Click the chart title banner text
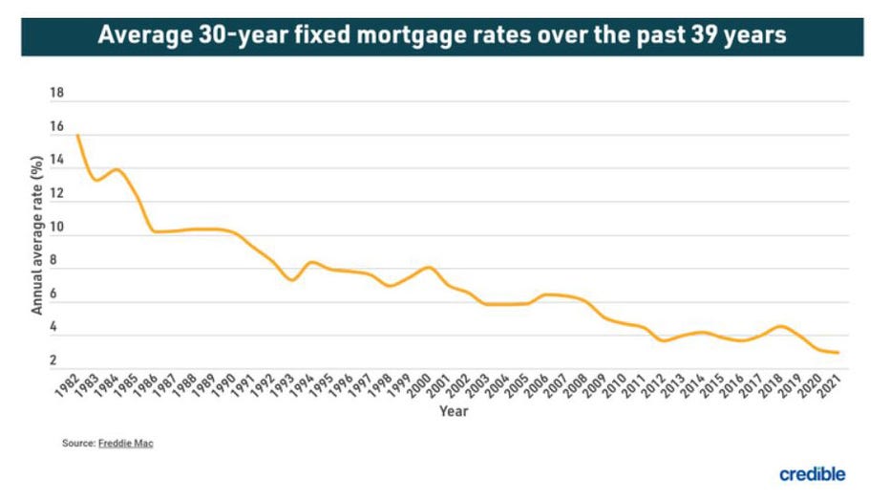pos(445,36)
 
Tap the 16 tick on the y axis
pos(56,127)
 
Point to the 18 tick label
pos(56,94)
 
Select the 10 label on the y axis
pos(56,228)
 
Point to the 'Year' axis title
pos(453,412)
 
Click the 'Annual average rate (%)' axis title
pos(37,235)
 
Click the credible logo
pos(812,474)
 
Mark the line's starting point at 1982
pos(76,135)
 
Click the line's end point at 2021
pos(837,353)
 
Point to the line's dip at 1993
pos(291,279)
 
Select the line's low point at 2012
pos(662,340)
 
